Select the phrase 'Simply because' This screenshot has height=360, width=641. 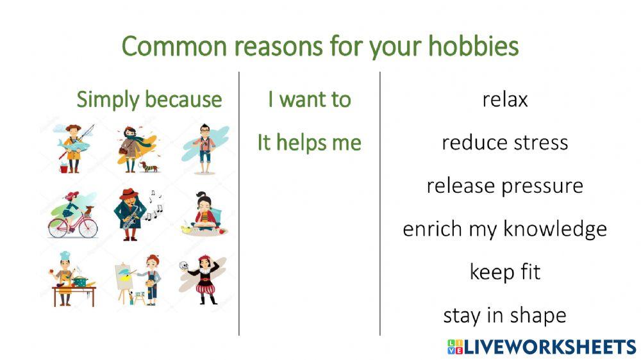(149, 100)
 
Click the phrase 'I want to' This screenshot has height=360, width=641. (309, 100)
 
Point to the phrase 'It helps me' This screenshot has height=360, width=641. (309, 143)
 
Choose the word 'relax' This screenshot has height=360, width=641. (505, 100)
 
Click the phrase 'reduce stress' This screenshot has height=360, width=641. (505, 143)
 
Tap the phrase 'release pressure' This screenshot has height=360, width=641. (505, 186)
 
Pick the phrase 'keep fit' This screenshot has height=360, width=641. (505, 272)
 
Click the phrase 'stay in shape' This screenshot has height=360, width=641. (505, 316)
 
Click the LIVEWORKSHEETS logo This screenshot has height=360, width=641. (542, 347)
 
